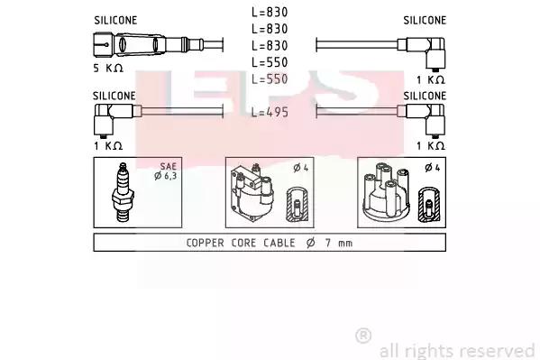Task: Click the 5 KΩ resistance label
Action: coord(108,68)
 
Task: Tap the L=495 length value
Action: coord(270,112)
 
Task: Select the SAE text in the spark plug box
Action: coord(168,167)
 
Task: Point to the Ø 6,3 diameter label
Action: coord(166,176)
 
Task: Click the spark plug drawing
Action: coord(123,192)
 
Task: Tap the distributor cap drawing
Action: coord(386,192)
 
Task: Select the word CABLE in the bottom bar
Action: coord(279,243)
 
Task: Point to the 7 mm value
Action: coord(339,243)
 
